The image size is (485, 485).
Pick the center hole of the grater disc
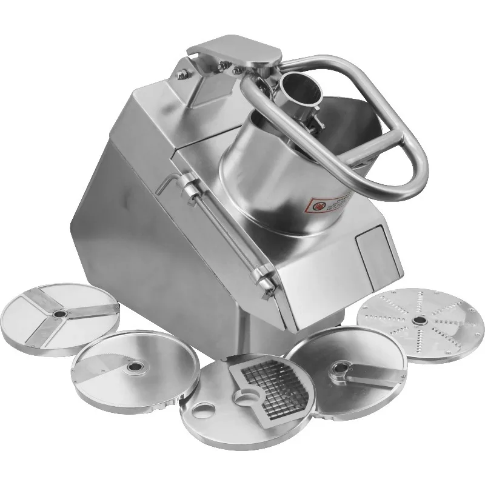[x=417, y=320]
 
